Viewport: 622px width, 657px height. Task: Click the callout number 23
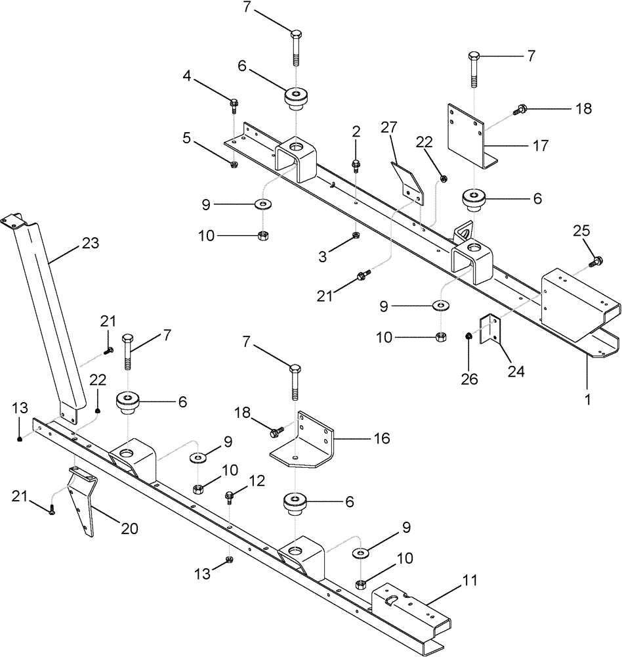(x=91, y=243)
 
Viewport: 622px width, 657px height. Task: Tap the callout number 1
(x=588, y=399)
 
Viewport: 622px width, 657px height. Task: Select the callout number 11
(x=470, y=580)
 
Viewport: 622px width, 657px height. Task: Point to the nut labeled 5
(x=235, y=164)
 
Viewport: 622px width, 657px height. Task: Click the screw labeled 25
(x=596, y=262)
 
